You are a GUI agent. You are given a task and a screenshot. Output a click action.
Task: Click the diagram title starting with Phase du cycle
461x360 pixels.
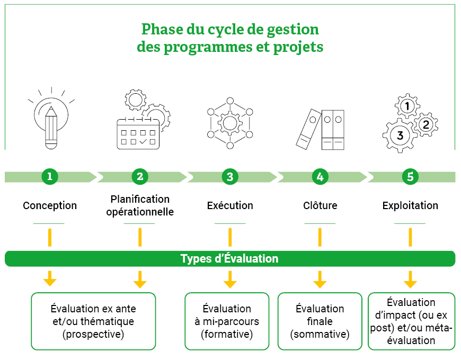coord(230,37)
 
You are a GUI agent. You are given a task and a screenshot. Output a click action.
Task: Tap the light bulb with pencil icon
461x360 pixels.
coord(51,119)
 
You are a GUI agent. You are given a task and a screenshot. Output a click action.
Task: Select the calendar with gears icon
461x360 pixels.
coord(141,121)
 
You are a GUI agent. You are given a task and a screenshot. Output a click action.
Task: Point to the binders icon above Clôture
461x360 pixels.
coord(320,129)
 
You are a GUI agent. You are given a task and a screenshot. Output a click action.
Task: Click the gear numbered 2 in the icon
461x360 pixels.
coord(425,124)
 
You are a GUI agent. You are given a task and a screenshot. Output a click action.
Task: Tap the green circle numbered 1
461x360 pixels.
coord(50,177)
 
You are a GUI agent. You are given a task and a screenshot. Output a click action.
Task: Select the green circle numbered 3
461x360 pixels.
coord(230,177)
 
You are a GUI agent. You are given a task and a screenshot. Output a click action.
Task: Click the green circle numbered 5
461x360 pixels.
coord(410,177)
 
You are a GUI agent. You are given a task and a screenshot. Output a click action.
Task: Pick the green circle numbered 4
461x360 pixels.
coord(320,177)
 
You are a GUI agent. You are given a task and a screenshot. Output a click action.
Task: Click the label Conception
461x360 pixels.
coord(50,205)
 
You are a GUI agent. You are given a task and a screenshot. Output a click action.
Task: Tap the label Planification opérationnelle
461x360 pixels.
coord(140,205)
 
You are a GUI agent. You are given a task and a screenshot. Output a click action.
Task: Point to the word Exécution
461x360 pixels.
coord(230,205)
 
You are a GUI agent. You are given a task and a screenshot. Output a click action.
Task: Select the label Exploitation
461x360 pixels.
coord(410,205)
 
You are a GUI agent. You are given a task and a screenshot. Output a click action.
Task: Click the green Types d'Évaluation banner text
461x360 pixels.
coord(229,259)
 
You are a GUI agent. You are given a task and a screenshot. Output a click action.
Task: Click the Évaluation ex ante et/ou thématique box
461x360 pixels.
coord(93,321)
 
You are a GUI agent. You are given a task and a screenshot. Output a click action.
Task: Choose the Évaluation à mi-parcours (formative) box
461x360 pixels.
coord(227,321)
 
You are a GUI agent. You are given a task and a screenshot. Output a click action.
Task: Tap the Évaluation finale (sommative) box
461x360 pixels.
coord(320,321)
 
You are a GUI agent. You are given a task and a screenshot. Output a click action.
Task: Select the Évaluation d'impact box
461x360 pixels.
coord(411,321)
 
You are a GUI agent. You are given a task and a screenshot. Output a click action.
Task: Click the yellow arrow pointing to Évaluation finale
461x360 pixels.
coord(320,278)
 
